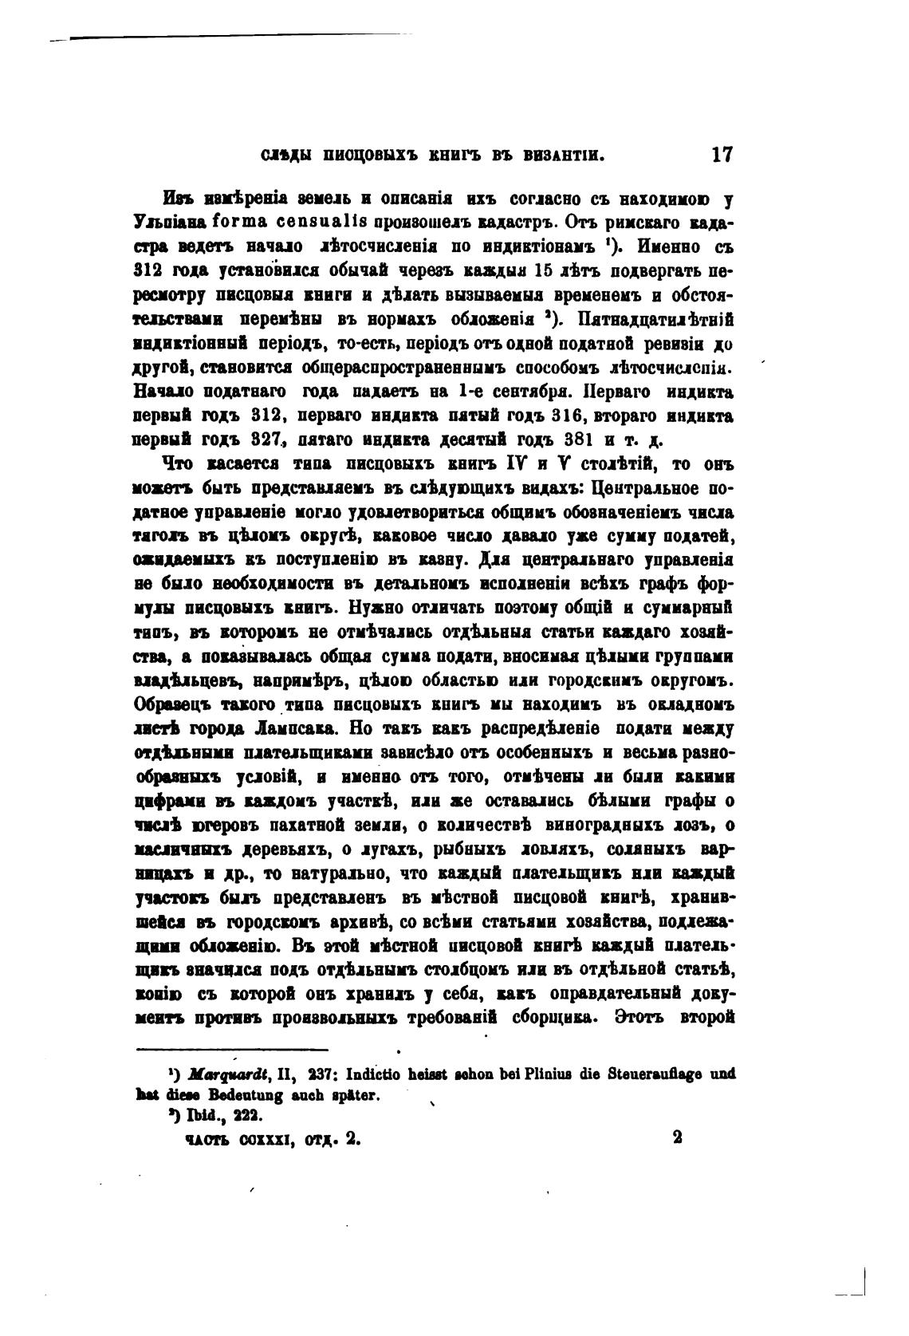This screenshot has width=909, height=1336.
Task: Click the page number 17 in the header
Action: [x=721, y=154]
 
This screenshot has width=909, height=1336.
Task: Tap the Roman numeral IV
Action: [x=515, y=465]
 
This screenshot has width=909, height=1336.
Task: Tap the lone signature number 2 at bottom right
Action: [x=677, y=1138]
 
